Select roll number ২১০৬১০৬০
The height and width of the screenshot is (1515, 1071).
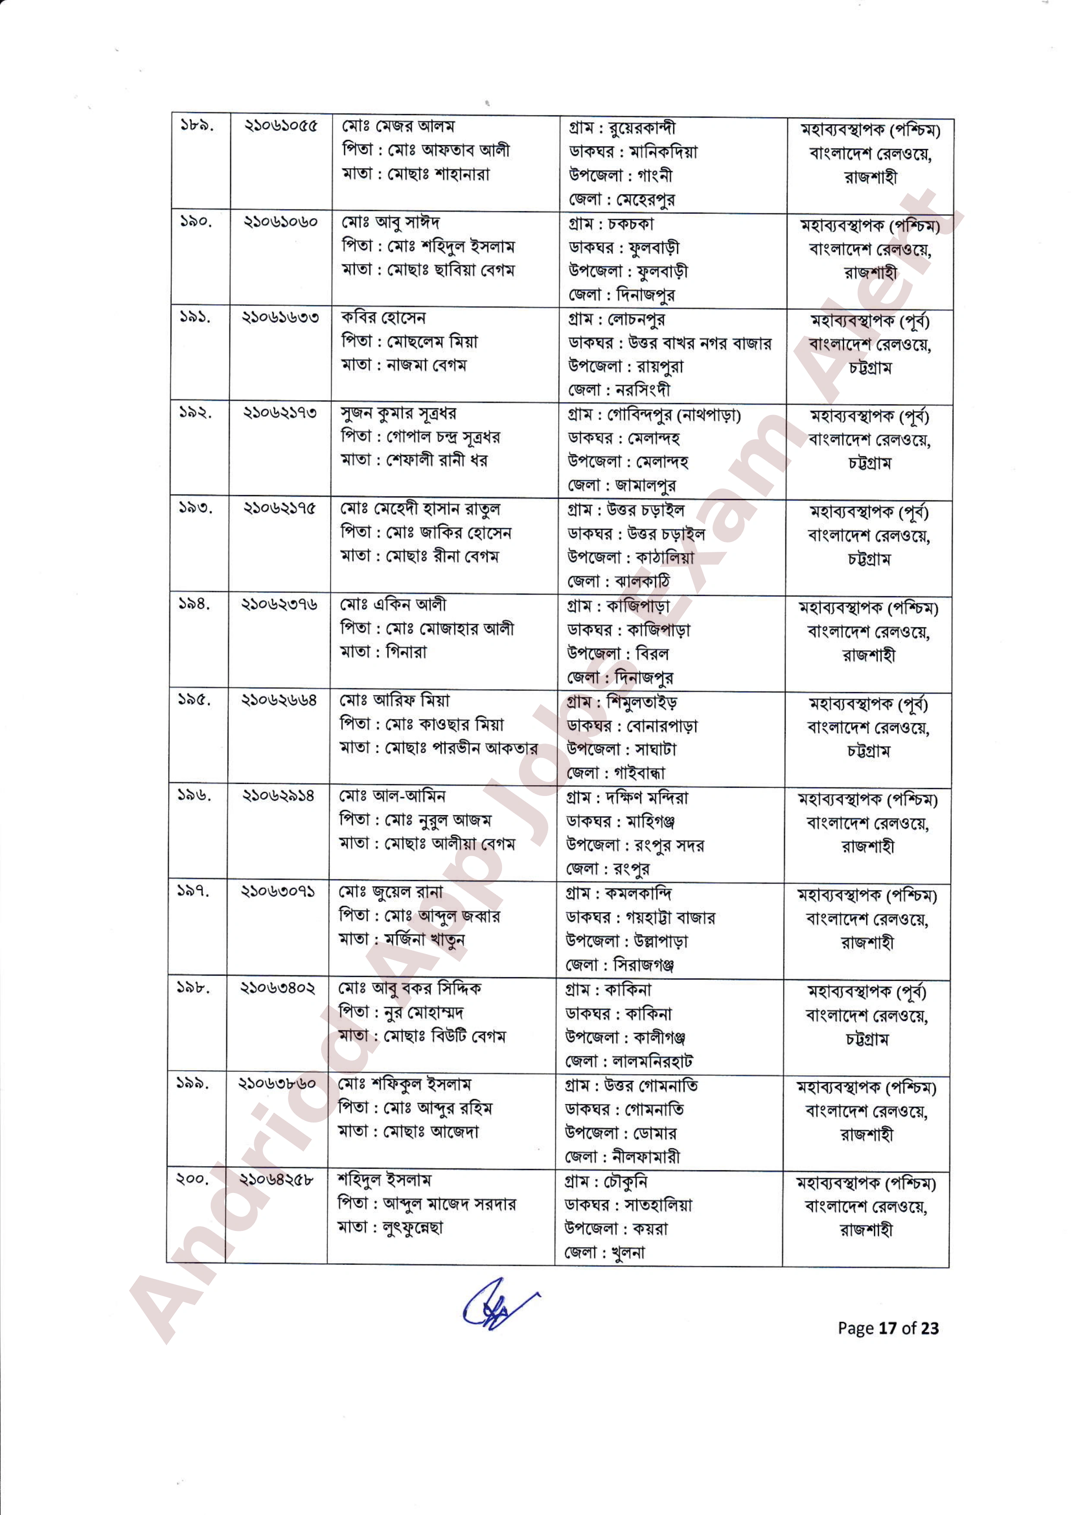(x=280, y=222)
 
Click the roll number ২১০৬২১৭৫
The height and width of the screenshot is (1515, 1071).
(x=280, y=508)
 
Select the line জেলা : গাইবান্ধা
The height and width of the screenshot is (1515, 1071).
(x=615, y=773)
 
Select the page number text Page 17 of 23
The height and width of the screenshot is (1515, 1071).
(x=887, y=1328)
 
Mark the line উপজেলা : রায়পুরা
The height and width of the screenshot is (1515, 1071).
(x=625, y=366)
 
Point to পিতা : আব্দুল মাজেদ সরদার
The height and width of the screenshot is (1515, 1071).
(x=426, y=1204)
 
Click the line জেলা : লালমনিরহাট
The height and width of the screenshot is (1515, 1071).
(x=628, y=1061)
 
